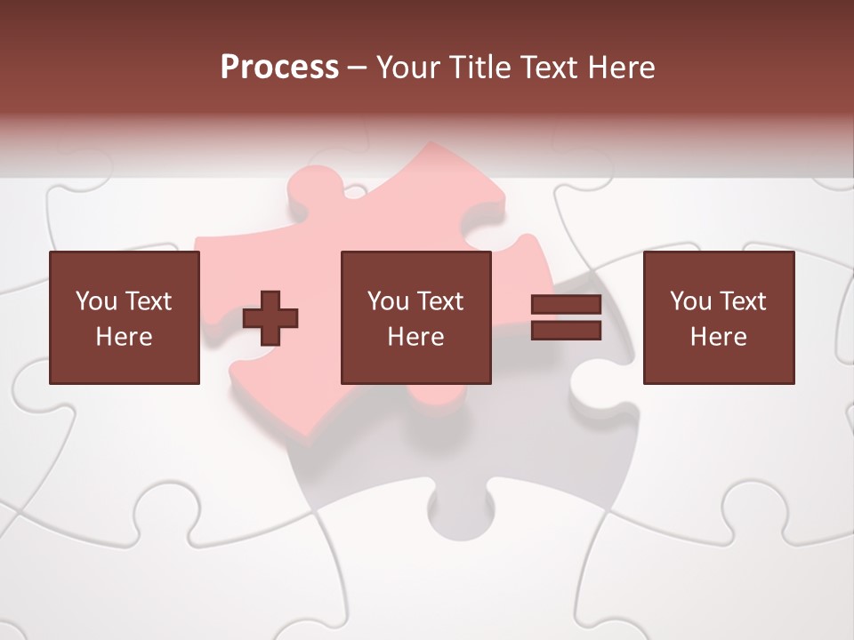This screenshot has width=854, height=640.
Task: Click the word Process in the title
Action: pyautogui.click(x=279, y=68)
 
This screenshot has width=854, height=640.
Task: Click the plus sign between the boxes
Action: pyautogui.click(x=270, y=318)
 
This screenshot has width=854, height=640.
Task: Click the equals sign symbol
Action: pyautogui.click(x=566, y=318)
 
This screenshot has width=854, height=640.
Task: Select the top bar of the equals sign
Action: pyautogui.click(x=566, y=306)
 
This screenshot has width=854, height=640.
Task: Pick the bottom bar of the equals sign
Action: pyautogui.click(x=566, y=331)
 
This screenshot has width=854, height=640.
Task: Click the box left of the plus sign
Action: pyautogui.click(x=125, y=317)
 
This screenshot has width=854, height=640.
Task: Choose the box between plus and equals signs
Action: pyautogui.click(x=415, y=317)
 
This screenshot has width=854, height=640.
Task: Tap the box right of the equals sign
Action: pyautogui.click(x=718, y=317)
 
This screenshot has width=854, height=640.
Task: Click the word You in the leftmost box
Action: pyautogui.click(x=95, y=301)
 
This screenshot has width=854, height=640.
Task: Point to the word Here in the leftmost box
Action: pyautogui.click(x=125, y=337)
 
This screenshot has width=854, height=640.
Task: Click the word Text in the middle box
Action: pyautogui.click(x=439, y=301)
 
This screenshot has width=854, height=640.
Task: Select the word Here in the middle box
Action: pyautogui.click(x=415, y=337)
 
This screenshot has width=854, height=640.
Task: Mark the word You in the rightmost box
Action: pyautogui.click(x=689, y=301)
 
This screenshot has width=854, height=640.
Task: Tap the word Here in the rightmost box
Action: pyautogui.click(x=718, y=337)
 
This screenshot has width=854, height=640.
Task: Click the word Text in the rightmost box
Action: pyautogui.click(x=742, y=301)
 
